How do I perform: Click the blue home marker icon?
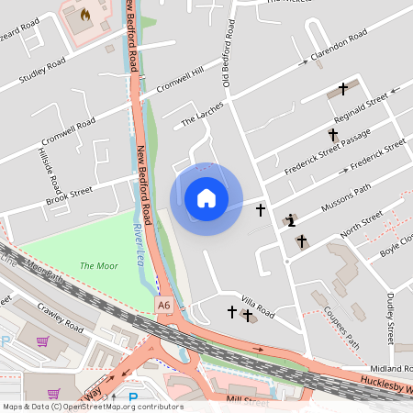pyautogui.click(x=206, y=198)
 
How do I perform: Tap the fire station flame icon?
pyautogui.click(x=86, y=15)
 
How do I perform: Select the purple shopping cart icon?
pyautogui.click(x=42, y=342)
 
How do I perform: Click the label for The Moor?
pyautogui.click(x=99, y=266)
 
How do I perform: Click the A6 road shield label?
pyautogui.click(x=163, y=304)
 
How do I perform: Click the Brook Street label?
pyautogui.click(x=71, y=195)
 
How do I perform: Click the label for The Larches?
pyautogui.click(x=202, y=116)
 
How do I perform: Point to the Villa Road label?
pyautogui.click(x=258, y=306)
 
